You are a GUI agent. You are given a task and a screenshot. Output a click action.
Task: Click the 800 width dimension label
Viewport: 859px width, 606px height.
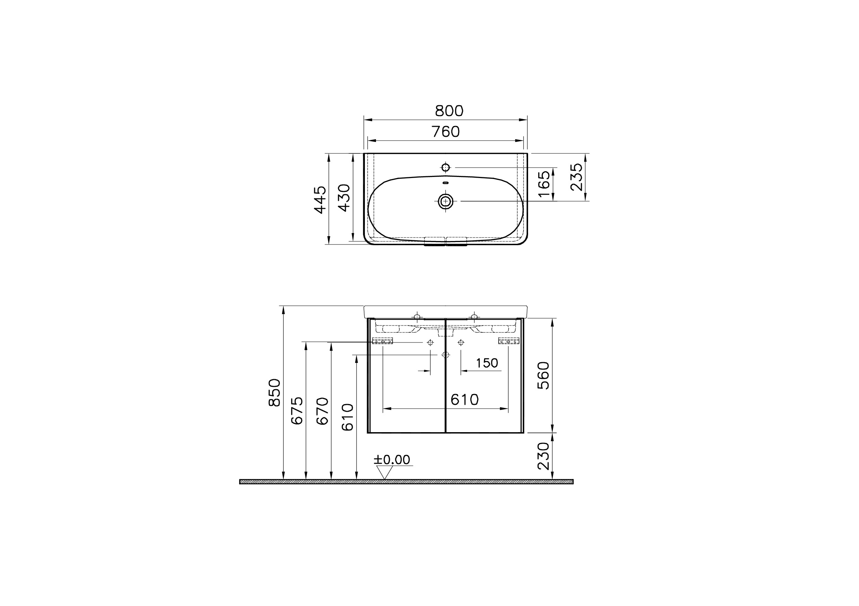449,111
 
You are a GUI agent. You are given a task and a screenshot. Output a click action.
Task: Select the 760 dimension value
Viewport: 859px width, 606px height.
445,132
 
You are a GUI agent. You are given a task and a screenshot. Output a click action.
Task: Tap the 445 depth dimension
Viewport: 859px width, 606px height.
320,200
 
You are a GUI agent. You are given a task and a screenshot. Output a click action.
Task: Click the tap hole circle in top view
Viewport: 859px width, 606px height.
446,168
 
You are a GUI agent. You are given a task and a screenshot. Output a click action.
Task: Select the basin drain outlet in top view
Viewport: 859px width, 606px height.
446,202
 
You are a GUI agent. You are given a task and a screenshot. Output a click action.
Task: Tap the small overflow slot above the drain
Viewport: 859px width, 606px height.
446,183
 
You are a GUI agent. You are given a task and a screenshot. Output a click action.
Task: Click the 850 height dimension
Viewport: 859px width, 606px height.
275,393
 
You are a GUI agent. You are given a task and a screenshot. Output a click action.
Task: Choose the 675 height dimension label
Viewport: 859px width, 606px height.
297,411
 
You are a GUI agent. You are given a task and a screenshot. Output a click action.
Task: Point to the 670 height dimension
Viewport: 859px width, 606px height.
322,411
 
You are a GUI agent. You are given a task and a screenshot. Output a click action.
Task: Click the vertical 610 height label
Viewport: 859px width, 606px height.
348,417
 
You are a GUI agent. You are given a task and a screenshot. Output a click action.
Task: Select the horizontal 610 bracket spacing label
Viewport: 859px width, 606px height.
464,400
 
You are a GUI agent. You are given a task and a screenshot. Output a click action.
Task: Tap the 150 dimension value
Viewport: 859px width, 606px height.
487,363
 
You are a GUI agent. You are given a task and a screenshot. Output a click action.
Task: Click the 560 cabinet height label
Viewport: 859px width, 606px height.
544,376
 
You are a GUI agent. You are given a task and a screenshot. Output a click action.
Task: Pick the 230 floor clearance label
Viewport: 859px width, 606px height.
544,456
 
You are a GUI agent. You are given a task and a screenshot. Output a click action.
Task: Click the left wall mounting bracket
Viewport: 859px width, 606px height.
382,341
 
